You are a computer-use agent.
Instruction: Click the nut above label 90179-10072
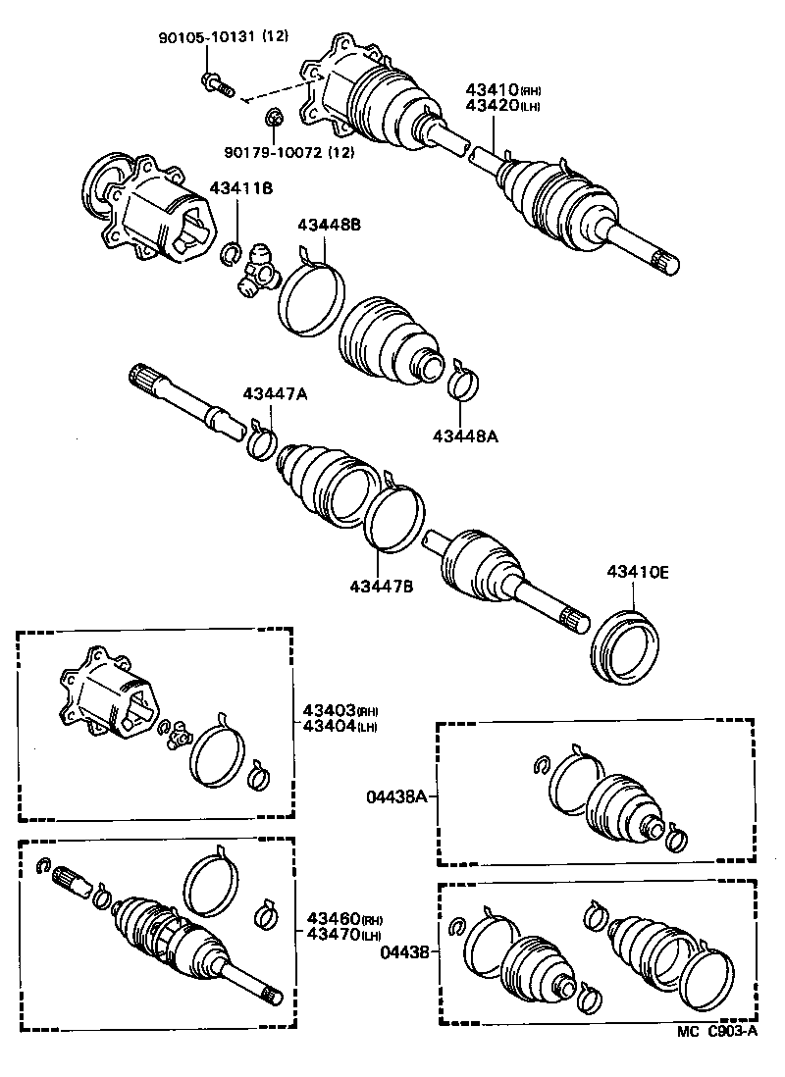tap(276, 120)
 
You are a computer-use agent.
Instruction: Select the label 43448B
tap(330, 225)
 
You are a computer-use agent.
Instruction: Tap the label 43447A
tap(276, 393)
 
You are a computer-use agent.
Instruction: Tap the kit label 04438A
tap(397, 797)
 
